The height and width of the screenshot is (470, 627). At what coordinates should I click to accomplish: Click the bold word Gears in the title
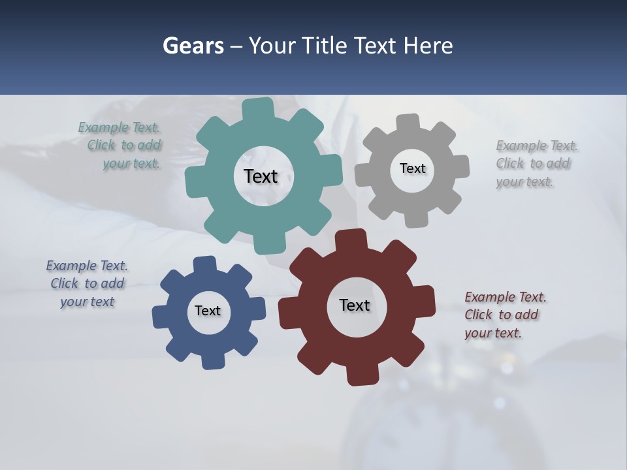[193, 46]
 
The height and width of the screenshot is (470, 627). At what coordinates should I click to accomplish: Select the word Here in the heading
[428, 46]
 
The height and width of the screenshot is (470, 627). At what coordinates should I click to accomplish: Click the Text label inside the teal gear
[261, 176]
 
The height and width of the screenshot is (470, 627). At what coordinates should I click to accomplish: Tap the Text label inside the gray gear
[412, 168]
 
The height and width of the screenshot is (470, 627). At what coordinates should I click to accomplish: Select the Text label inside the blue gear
[208, 311]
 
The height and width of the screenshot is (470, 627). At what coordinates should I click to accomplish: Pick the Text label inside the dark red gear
[355, 305]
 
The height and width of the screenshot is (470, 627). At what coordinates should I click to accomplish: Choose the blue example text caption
[87, 284]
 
